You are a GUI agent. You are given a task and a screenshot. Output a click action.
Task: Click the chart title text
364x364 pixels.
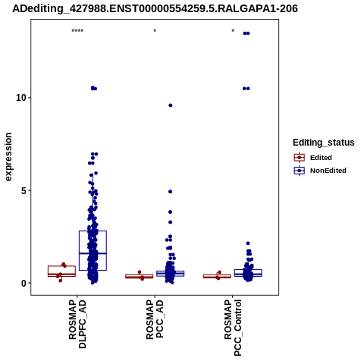[155, 8]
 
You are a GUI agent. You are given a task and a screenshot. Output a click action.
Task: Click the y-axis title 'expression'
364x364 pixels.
[8, 157]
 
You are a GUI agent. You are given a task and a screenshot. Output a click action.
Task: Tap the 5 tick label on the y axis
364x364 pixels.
[24, 190]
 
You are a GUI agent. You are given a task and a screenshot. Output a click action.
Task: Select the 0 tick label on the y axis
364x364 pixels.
[24, 283]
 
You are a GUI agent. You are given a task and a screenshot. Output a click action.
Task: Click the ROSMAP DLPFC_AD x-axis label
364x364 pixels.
[77, 324]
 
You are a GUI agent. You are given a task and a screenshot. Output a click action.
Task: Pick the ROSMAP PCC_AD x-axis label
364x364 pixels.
[155, 319]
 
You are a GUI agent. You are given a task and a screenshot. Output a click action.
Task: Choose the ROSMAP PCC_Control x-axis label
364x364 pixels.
[233, 328]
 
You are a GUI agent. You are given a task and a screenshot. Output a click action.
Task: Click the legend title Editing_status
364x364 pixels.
[324, 143]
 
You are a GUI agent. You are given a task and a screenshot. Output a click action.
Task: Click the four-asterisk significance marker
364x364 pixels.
[77, 31]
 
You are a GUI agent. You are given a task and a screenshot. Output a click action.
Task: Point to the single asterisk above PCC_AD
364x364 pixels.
[155, 31]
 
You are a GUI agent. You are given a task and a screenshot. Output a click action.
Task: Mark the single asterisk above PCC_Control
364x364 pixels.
[233, 31]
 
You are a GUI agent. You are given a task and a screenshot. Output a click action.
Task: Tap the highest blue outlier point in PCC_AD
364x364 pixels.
[171, 105]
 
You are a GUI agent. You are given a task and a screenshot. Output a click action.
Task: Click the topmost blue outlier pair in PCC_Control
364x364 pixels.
[246, 33]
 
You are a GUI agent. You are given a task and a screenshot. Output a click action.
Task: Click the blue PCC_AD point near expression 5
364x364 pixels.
[171, 192]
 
